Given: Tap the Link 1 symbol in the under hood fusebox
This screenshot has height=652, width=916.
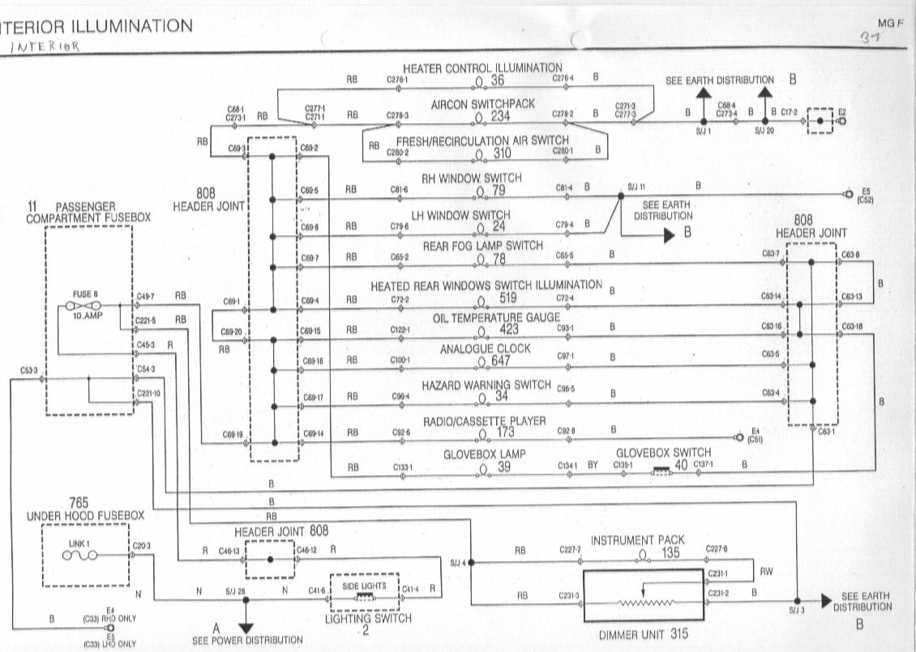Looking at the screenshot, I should pos(79,555).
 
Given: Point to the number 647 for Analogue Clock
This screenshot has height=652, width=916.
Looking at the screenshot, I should pos(500,361).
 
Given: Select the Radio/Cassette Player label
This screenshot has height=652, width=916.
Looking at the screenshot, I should pos(484,422).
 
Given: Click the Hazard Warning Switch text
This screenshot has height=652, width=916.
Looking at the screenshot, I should pos(486,384).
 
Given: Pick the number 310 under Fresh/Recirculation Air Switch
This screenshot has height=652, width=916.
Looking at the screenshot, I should pos(502,152).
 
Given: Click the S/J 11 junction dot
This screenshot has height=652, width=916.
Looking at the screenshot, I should pos(621,195).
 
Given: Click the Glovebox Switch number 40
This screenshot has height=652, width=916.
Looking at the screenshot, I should pos(681,465).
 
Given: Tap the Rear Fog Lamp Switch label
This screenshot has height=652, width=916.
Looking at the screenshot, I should pos(482,246).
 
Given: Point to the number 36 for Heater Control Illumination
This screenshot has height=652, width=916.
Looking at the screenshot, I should pos(497,79).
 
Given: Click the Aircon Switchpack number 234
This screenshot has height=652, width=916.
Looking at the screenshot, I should pos(500,116).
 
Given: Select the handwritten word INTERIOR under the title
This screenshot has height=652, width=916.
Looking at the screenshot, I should pos(45,46).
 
